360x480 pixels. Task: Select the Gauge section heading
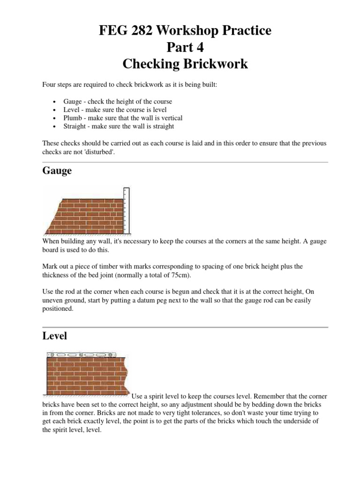pyautogui.click(x=57, y=171)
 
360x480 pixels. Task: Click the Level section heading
pyautogui.click(x=55, y=336)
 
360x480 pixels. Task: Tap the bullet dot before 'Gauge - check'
pyautogui.click(x=55, y=102)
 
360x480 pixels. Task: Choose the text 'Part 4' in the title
pyautogui.click(x=185, y=47)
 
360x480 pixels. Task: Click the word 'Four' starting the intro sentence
pyautogui.click(x=49, y=84)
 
